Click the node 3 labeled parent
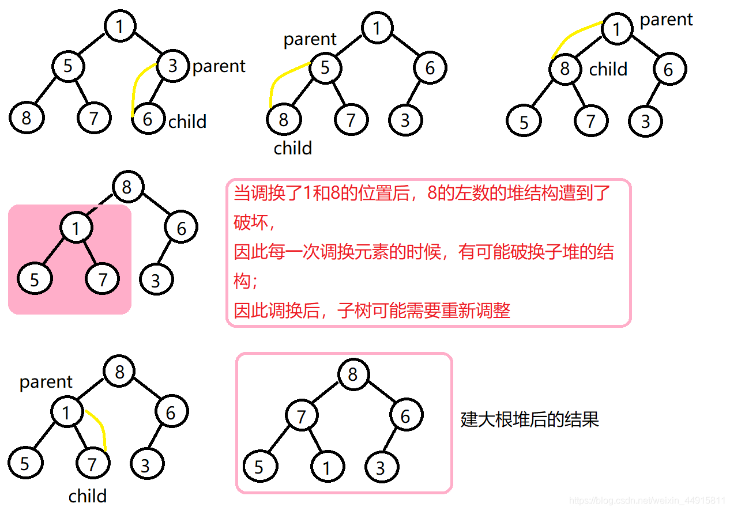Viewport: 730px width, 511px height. point(173,66)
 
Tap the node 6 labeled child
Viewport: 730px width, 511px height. point(148,119)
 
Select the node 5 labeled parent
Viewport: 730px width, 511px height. point(325,68)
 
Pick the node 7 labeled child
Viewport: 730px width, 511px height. point(92,464)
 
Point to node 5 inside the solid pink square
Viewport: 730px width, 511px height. point(35,280)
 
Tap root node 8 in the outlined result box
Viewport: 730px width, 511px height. point(353,374)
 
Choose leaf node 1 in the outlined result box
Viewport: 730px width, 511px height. point(327,467)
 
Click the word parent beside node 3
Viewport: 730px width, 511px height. point(219,67)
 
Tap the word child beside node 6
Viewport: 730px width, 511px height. point(187,122)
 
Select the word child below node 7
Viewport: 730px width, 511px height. point(88,496)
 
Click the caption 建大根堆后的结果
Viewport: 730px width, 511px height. point(530,419)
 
